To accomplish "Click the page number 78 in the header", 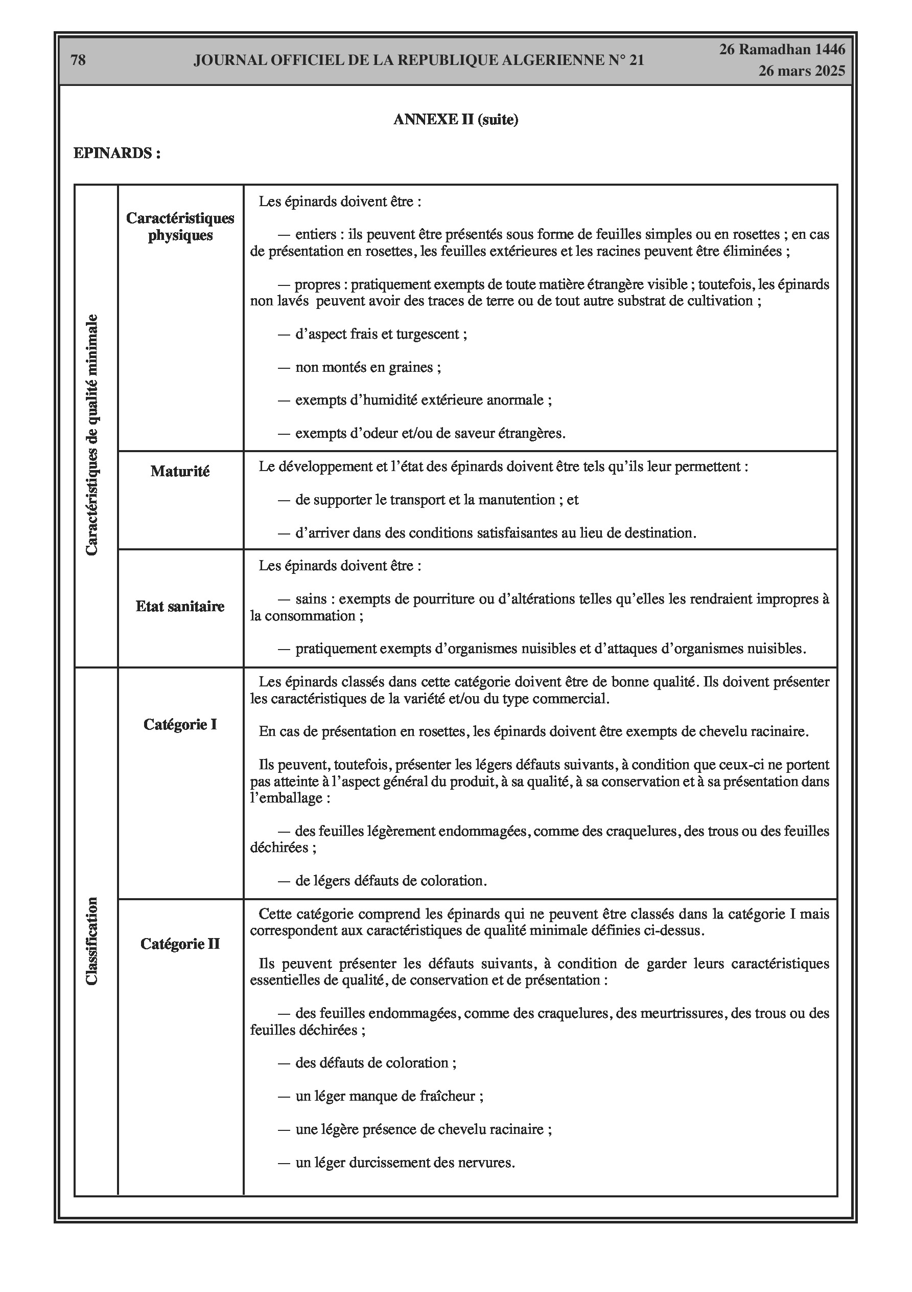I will pos(78,60).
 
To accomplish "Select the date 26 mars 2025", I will pos(801,71).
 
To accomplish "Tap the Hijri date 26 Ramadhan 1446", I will pos(782,50).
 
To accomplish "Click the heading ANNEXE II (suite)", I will pos(455,119).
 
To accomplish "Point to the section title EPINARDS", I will pos(117,153).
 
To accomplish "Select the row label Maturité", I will pos(180,472).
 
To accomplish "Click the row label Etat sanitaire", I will pos(180,607).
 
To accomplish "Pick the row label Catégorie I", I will pos(180,725).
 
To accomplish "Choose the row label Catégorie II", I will pos(180,944).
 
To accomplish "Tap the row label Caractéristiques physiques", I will pos(180,226).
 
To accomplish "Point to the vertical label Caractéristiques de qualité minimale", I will pos(92,435).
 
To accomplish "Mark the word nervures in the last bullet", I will pos(486,1163).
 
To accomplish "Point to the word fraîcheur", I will pos(449,1096).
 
